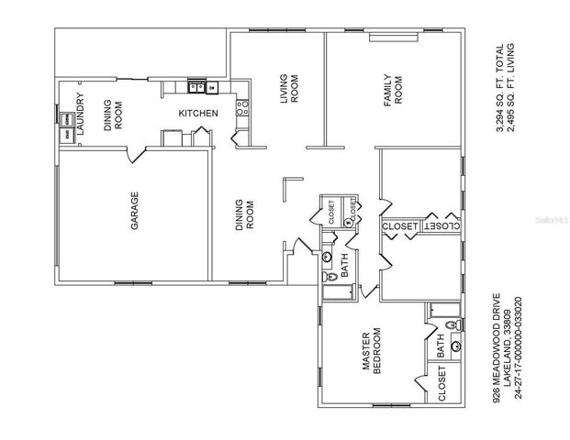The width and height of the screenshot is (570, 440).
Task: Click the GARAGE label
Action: (x=134, y=210)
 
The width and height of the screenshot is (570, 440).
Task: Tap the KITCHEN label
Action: (x=197, y=113)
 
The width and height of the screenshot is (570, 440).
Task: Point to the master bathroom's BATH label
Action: (x=441, y=347)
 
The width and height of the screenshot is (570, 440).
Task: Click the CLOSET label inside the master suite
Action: (x=441, y=386)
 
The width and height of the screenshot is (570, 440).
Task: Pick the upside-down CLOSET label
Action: (x=441, y=225)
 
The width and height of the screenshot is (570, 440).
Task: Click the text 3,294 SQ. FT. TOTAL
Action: (x=500, y=88)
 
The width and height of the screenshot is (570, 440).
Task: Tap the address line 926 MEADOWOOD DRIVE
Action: (x=497, y=347)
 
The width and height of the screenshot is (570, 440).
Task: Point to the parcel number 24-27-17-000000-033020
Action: (x=519, y=347)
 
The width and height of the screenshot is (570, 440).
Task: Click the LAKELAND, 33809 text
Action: (x=508, y=347)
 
